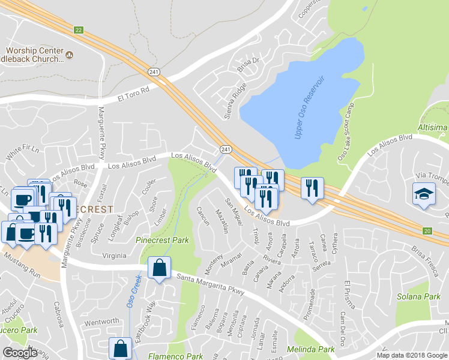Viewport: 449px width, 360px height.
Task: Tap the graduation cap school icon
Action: pyautogui.click(x=423, y=194)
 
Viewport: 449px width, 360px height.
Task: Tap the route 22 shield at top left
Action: pyautogui.click(x=79, y=29)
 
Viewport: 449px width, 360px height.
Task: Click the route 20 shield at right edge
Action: pyautogui.click(x=427, y=230)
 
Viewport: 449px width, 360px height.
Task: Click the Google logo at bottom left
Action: pyautogui.click(x=20, y=352)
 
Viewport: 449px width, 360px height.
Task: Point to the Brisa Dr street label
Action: pyautogui.click(x=247, y=64)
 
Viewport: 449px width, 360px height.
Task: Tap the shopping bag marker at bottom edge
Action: pyautogui.click(x=120, y=347)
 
